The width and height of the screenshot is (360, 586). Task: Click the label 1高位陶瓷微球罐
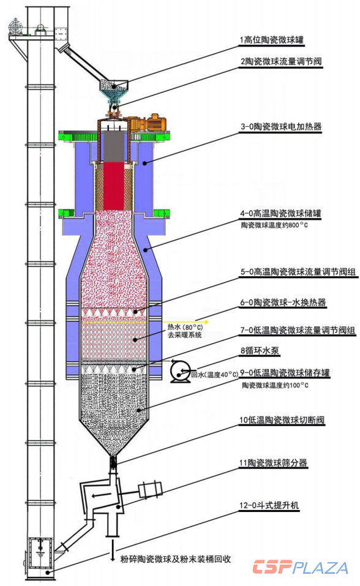272,40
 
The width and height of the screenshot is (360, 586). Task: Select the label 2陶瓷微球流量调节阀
281,61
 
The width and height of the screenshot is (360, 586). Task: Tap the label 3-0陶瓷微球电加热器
281,127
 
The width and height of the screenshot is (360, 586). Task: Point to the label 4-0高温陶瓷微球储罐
280,213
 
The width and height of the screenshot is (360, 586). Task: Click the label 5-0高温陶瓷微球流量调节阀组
298,272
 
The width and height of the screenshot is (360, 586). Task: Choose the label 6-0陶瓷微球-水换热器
283,302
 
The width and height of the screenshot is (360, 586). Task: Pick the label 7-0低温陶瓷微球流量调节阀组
298,330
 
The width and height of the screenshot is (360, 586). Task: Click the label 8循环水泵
260,350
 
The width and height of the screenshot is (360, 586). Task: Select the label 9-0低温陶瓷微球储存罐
285,372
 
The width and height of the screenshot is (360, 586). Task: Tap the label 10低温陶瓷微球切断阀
282,419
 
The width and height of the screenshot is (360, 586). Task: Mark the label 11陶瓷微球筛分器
273,463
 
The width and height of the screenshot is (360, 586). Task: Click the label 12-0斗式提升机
269,505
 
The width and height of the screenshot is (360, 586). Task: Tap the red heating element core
114,186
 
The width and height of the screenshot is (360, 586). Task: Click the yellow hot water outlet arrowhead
205,321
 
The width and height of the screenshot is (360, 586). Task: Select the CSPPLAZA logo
300,567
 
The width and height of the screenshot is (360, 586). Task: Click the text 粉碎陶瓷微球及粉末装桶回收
175,559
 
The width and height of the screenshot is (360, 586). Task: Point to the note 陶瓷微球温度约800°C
274,225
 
